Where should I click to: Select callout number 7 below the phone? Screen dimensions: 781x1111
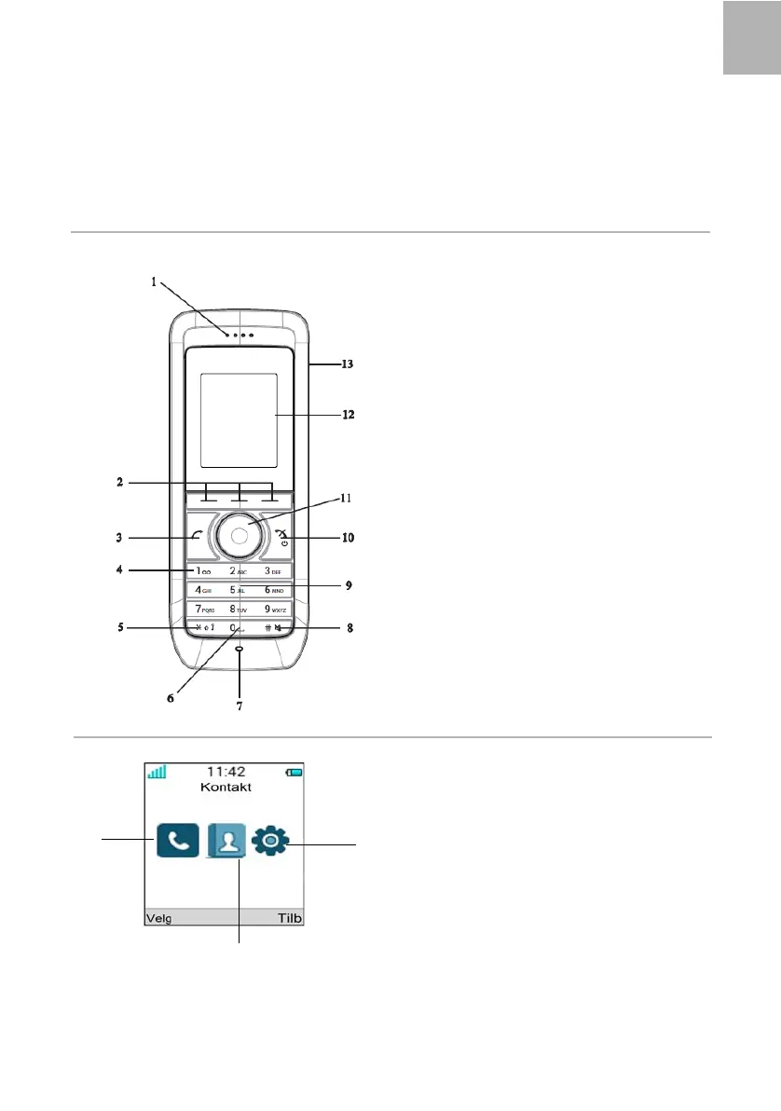(240, 706)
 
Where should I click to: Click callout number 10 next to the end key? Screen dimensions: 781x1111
(349, 538)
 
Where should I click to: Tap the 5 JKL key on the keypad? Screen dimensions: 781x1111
(238, 590)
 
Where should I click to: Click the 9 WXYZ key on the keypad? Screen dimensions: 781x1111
(277, 609)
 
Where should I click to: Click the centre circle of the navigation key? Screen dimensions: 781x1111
(240, 535)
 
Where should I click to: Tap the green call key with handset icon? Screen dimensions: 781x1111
(198, 536)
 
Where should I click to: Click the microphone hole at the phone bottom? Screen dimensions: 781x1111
(240, 650)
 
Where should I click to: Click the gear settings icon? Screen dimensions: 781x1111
(271, 841)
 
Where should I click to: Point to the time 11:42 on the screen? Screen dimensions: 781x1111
(224, 772)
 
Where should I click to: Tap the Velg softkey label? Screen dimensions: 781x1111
(158, 918)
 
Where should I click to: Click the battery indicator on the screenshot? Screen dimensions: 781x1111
(295, 772)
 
